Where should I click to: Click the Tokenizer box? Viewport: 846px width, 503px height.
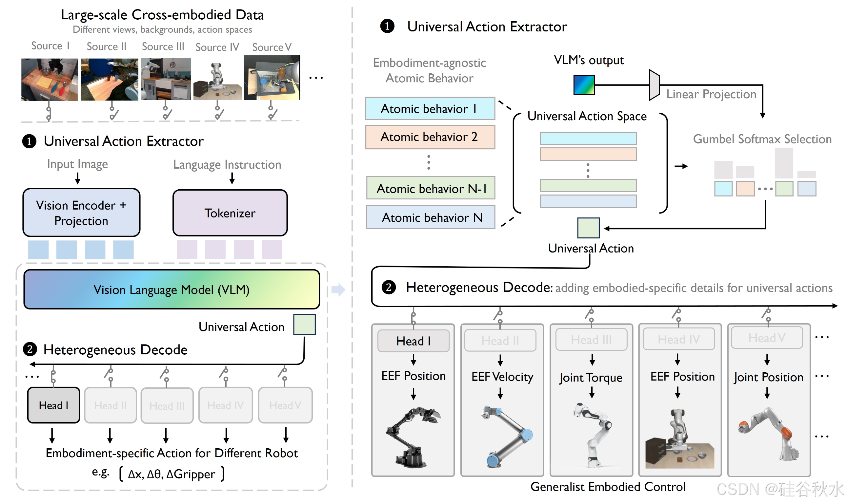coord(230,213)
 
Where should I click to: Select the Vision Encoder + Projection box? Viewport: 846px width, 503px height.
coord(81,213)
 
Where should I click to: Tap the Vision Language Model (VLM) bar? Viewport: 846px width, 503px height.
coord(171,289)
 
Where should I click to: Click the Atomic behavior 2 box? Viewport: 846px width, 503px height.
coord(430,137)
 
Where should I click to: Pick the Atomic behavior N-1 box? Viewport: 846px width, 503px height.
coord(430,188)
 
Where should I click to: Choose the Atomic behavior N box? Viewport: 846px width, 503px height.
coord(430,217)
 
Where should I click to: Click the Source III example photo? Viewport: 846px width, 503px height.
coord(166,79)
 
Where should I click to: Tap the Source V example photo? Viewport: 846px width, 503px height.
coord(272,78)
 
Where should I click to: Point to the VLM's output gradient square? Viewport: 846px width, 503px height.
coord(583,85)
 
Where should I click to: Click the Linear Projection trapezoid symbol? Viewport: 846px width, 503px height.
coord(654,85)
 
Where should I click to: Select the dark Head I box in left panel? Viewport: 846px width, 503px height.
coord(54,405)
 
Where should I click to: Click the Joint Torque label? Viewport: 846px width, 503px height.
coord(591,378)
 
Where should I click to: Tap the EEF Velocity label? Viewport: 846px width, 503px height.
coord(502,377)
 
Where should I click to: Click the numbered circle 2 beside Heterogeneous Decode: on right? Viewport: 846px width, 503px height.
coord(388,288)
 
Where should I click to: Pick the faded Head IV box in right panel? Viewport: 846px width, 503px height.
coord(678,339)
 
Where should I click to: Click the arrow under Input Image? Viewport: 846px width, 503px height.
coord(77,178)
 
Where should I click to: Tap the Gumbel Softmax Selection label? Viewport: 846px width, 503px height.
coord(762,139)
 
